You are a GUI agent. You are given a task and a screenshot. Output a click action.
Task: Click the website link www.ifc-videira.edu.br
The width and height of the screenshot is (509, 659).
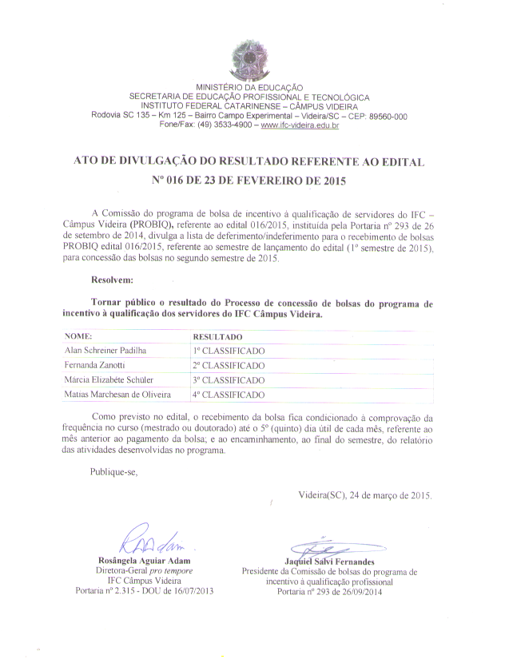coord(300,125)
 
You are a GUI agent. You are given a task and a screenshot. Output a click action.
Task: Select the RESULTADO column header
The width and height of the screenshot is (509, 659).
coord(218,337)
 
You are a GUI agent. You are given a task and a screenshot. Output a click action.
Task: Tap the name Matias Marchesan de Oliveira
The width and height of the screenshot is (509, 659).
coord(117,394)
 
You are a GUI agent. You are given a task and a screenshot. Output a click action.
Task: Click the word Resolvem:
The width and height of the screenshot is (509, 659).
coord(113,280)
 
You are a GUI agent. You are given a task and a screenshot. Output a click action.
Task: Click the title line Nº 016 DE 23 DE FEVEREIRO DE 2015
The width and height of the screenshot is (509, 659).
coord(249,181)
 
